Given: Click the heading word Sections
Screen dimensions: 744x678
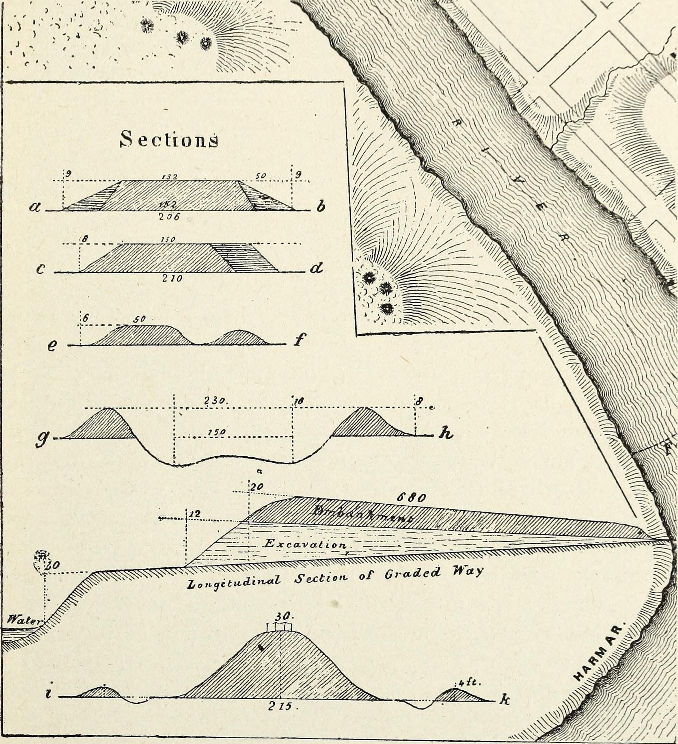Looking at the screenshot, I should (x=169, y=139).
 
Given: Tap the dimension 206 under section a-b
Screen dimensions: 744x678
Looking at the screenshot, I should (x=169, y=217).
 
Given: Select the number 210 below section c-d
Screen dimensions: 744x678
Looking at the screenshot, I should (x=172, y=279).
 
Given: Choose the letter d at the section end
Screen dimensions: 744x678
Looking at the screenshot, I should (x=316, y=269).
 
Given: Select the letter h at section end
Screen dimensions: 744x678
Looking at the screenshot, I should (x=445, y=435).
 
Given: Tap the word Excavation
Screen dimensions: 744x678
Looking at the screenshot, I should (x=306, y=544).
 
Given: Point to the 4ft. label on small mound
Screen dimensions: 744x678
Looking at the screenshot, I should (x=469, y=682).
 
